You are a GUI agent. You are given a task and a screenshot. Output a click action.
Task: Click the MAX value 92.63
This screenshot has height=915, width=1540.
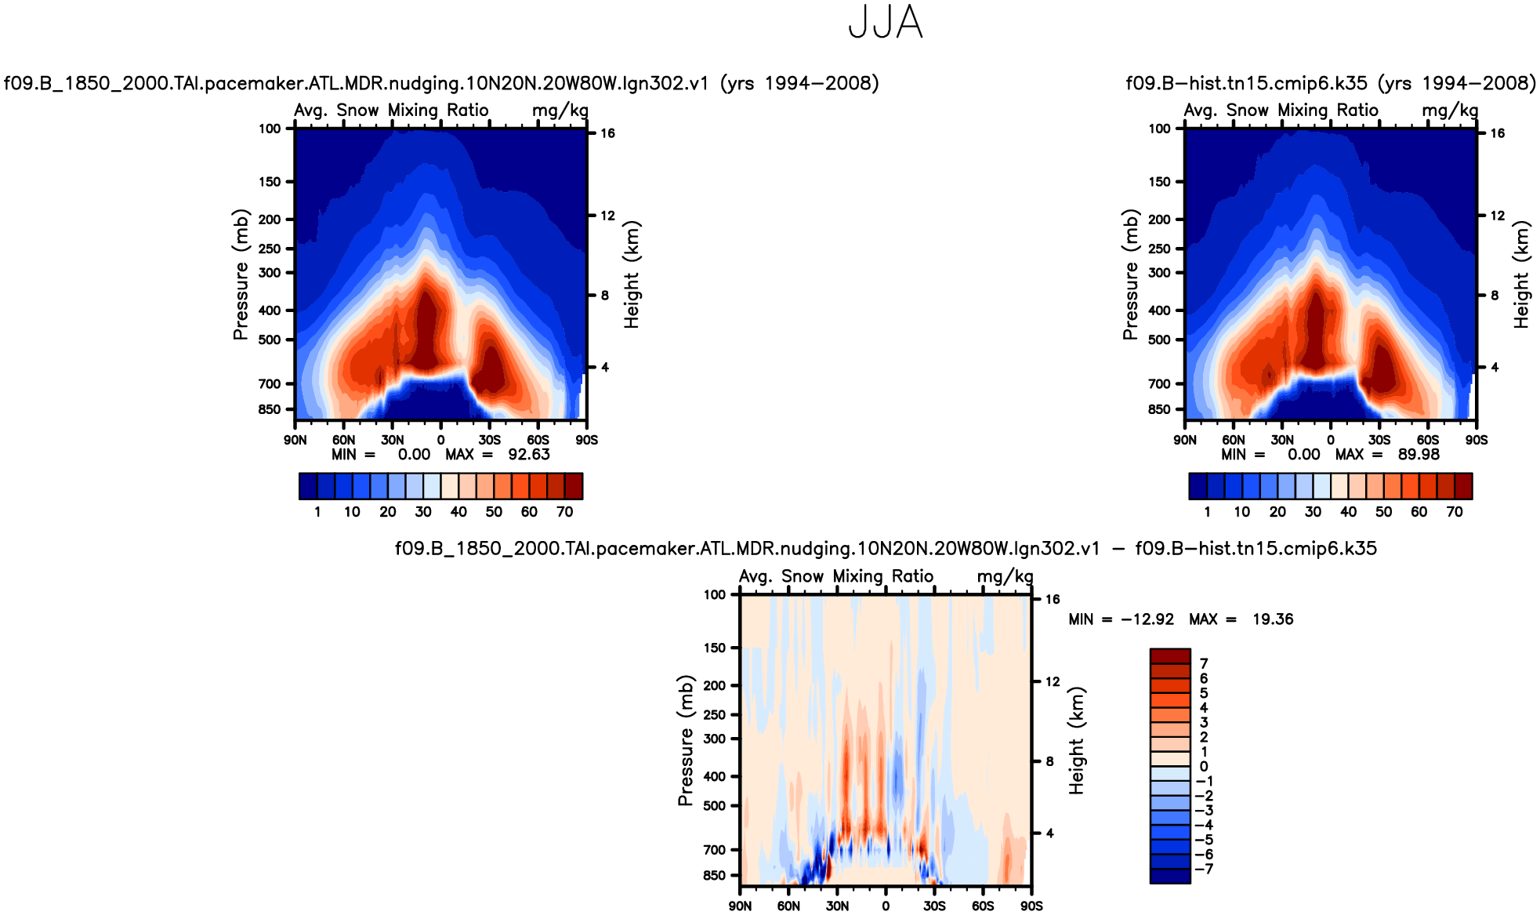(529, 455)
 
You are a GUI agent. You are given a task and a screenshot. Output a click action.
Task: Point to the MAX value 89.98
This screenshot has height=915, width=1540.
(1419, 455)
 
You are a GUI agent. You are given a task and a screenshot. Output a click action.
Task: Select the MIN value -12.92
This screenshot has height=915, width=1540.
(1147, 619)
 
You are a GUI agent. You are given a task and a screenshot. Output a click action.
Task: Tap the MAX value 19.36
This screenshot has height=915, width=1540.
(1273, 619)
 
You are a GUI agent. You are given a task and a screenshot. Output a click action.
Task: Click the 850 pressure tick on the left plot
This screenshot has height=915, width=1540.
(270, 409)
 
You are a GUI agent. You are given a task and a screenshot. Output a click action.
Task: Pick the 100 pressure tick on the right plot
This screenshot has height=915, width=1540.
(1159, 129)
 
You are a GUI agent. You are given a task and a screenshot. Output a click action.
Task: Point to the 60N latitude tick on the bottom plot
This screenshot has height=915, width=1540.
(788, 906)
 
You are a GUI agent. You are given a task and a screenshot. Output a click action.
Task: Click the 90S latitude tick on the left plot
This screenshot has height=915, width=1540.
(586, 440)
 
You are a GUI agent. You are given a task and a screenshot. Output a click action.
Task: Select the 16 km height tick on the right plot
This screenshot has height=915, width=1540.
(1497, 133)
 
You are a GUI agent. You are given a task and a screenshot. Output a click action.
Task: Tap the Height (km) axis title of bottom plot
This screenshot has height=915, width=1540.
(1077, 741)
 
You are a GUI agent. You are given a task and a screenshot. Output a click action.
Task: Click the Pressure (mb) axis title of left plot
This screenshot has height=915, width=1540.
(240, 274)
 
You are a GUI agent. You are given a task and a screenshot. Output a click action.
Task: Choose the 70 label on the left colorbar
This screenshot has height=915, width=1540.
(564, 512)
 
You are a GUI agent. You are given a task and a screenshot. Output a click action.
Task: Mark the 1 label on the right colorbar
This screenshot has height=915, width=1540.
(1207, 512)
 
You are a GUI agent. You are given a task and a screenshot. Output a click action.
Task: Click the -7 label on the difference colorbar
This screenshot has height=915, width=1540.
(1205, 869)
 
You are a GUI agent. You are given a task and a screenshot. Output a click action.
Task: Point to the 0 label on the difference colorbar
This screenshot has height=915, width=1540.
(1204, 767)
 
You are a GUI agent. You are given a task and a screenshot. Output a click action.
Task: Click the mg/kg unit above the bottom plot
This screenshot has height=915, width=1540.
(1005, 576)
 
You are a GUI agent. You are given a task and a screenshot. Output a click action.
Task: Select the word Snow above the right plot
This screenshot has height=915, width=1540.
(1248, 111)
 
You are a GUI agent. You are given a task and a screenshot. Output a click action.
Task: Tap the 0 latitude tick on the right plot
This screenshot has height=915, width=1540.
(1331, 440)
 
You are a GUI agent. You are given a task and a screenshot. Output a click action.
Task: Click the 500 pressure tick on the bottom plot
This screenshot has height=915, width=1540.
(714, 805)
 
